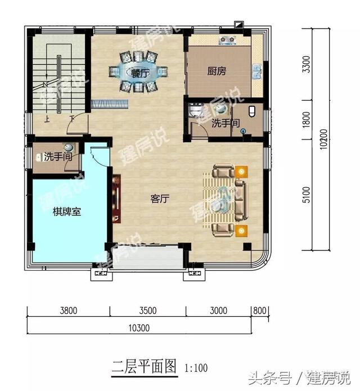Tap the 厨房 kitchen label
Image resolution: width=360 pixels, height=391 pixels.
pos(217,71)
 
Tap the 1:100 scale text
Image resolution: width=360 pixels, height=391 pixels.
pos(196,368)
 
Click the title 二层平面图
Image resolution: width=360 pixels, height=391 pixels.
pos(144,367)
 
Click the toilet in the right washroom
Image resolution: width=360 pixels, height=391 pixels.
pos(251,111)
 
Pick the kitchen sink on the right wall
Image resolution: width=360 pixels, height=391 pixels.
pos(257,71)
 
